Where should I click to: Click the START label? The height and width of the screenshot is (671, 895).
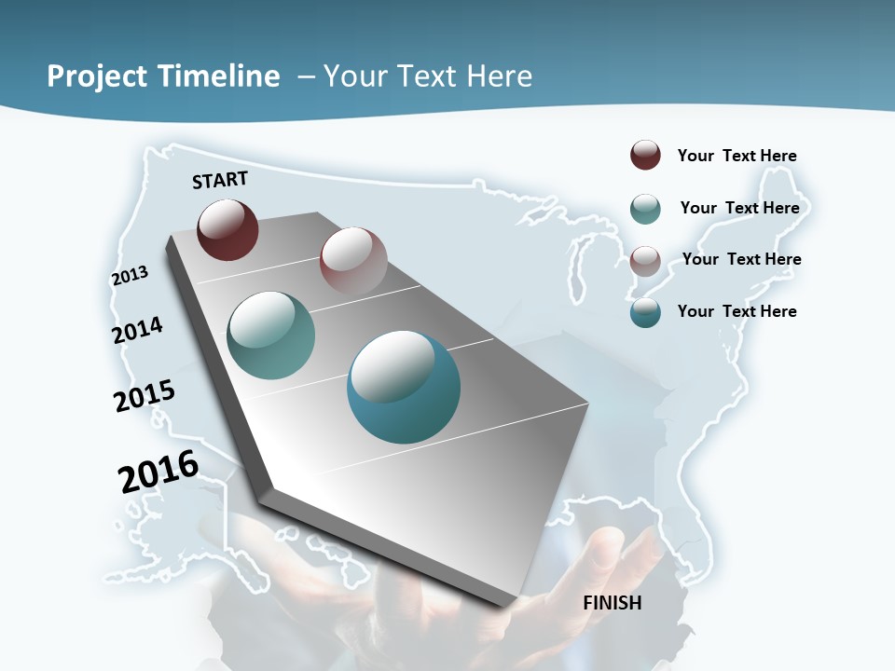tap(220, 180)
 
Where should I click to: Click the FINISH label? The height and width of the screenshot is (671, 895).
tap(613, 603)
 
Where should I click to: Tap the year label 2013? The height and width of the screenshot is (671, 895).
tap(131, 275)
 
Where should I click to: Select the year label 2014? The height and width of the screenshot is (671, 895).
tap(138, 330)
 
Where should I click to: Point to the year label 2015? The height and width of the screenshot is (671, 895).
tap(145, 396)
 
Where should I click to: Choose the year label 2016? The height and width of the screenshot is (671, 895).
tap(158, 472)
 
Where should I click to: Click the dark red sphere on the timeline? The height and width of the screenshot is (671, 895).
tap(227, 229)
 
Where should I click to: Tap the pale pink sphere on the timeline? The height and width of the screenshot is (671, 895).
tap(353, 261)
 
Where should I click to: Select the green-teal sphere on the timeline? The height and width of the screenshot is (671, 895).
tap(270, 335)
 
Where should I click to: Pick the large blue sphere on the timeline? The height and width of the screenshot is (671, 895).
tap(404, 387)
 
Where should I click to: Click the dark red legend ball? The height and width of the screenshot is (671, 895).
tap(645, 156)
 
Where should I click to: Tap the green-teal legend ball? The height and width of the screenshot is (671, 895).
tap(645, 209)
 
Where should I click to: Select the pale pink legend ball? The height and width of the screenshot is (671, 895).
tap(645, 260)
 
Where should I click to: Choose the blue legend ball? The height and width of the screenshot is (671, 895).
tap(645, 312)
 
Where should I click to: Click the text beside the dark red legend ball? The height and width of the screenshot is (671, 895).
tap(737, 156)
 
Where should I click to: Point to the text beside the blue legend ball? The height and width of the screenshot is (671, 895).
tap(737, 311)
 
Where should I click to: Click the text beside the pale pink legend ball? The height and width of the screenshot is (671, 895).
tap(741, 259)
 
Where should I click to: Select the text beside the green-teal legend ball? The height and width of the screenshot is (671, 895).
tap(739, 208)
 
